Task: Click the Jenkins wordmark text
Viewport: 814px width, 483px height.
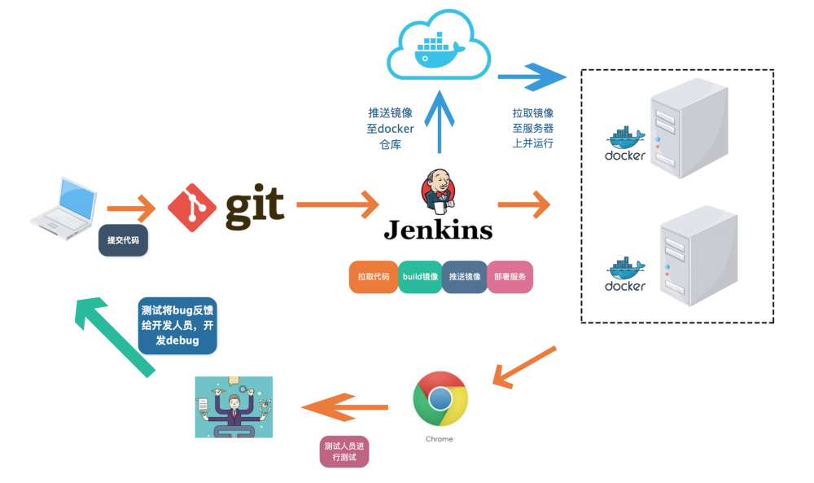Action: coord(438,230)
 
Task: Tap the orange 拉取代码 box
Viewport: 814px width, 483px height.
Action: coord(374,277)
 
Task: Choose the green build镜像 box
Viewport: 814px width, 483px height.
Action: coord(420,277)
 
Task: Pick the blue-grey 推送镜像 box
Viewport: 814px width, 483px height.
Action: coord(465,277)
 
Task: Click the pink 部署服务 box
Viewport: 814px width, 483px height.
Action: coord(510,277)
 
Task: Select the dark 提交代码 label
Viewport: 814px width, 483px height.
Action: coord(124,240)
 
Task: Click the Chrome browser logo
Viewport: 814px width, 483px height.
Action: coord(440,398)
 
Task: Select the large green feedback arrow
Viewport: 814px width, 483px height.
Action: coord(113,335)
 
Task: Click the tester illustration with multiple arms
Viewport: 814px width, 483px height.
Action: coord(234,406)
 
